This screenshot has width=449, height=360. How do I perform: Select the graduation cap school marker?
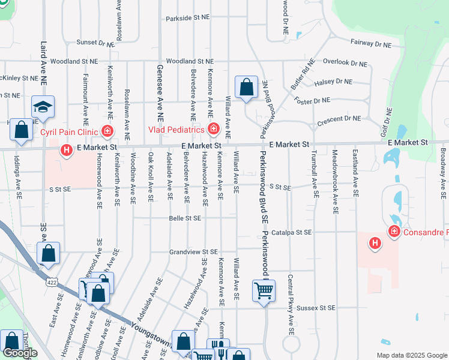43,107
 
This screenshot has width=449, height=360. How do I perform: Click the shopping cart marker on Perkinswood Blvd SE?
264,292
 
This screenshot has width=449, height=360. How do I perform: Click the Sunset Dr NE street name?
95,43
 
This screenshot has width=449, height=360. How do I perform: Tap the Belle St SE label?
185,218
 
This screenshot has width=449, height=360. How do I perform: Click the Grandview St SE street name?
193,252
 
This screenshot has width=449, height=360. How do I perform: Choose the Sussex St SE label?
316,308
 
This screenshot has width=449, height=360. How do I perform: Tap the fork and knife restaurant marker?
218,348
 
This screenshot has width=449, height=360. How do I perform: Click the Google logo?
20,353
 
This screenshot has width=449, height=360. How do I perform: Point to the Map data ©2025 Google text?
411,355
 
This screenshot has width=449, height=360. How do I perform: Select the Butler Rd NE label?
303,75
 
